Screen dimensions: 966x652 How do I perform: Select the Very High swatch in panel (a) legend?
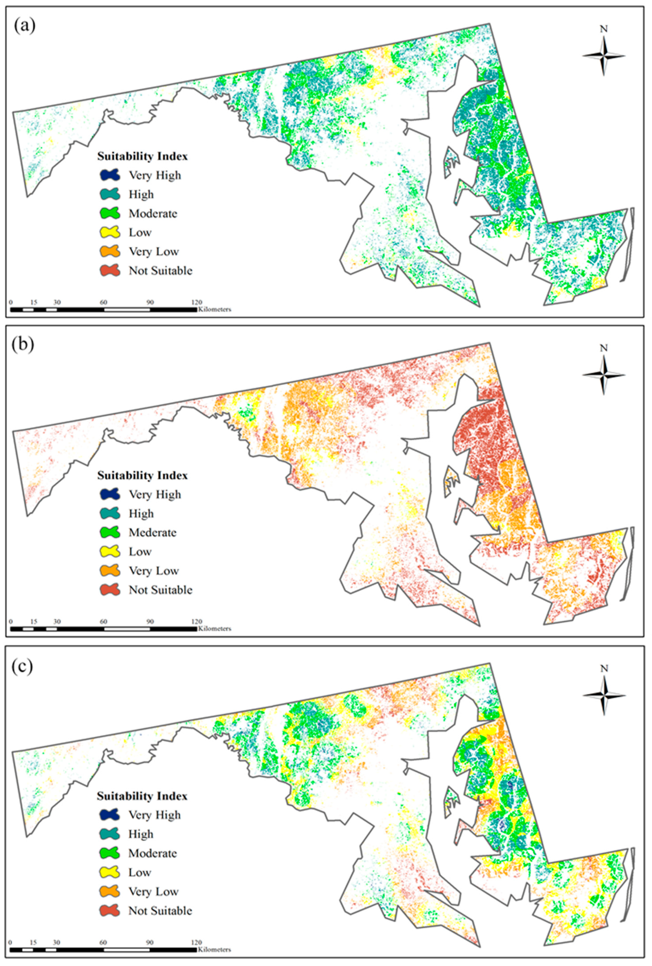click(110, 175)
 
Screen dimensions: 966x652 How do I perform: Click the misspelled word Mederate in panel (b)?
click(152, 533)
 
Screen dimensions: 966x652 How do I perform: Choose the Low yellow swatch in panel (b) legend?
click(110, 552)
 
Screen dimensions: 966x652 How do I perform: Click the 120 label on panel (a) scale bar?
click(196, 302)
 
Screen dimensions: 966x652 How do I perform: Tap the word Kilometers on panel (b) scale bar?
click(214, 629)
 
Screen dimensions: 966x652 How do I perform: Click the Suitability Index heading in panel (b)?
click(142, 475)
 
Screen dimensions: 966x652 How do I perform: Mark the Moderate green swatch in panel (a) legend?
click(110, 213)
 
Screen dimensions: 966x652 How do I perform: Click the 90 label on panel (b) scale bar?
click(150, 621)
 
